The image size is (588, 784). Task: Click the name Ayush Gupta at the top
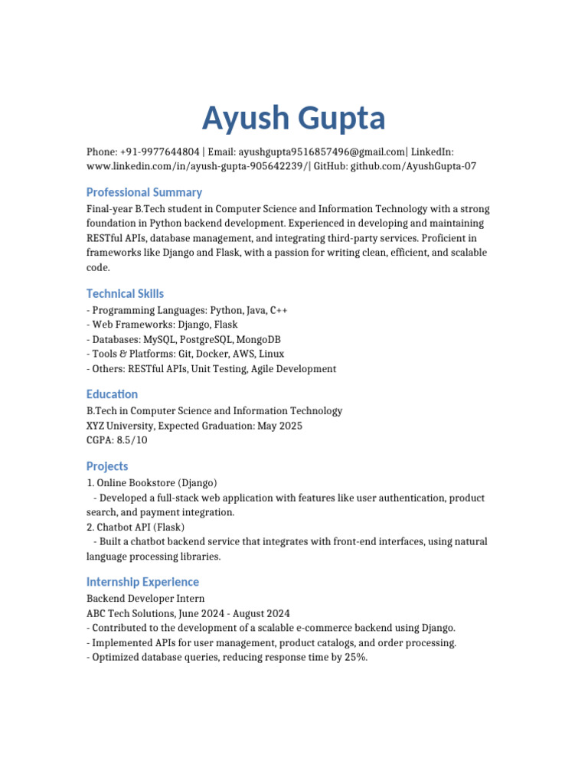[x=293, y=119]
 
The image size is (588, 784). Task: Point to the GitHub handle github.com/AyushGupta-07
[x=413, y=166]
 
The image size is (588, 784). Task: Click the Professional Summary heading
[x=144, y=192]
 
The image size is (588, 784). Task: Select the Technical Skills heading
[x=125, y=293]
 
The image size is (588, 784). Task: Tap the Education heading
[x=112, y=394]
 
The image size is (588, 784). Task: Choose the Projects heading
[x=107, y=466]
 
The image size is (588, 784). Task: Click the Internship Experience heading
[x=142, y=582]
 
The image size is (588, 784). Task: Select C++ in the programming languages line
[x=279, y=310]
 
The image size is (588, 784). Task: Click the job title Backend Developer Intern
[x=145, y=599]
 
